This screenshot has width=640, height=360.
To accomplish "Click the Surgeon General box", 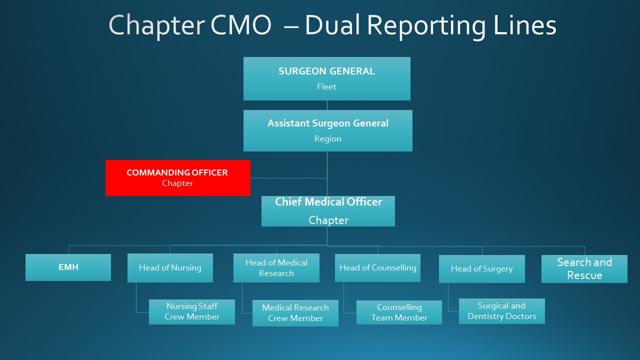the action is coord(327,78).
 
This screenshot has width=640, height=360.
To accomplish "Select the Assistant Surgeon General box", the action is coord(327,130).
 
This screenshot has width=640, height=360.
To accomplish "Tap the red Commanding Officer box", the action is coord(177,177).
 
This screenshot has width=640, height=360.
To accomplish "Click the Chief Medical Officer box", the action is coord(328,211).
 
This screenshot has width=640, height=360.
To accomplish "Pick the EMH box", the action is coord(68,267).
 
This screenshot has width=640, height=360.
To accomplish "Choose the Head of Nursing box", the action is coord(170,267).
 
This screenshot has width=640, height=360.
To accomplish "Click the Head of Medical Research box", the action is coord(276,267).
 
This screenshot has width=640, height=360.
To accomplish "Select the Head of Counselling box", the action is coord(377,267).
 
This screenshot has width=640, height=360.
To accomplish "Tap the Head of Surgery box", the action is coord(481,269).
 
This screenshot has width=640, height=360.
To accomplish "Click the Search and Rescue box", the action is coord(584,269).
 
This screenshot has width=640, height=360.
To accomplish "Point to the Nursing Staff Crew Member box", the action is coord(191,311).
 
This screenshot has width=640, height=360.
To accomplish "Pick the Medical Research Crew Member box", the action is coord(295,313).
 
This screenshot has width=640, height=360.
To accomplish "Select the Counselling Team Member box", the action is coord(399,312).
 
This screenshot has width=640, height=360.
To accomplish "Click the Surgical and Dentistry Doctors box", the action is coord(501,311).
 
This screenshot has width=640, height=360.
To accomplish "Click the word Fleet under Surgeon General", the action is coord(326,86).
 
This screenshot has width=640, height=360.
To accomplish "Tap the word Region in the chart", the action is coord(327,138).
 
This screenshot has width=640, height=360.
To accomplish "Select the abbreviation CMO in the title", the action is coord(240,25).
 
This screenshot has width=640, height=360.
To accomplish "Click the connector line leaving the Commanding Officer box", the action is coord(289,178).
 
